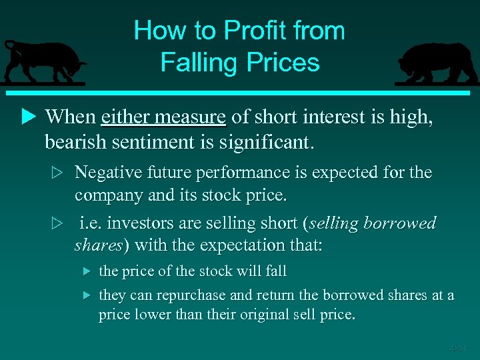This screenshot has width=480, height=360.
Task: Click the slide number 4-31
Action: pyautogui.click(x=458, y=347)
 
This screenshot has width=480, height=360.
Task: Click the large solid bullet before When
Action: pyautogui.click(x=28, y=117)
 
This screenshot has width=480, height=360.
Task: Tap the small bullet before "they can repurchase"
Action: pyautogui.click(x=85, y=294)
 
